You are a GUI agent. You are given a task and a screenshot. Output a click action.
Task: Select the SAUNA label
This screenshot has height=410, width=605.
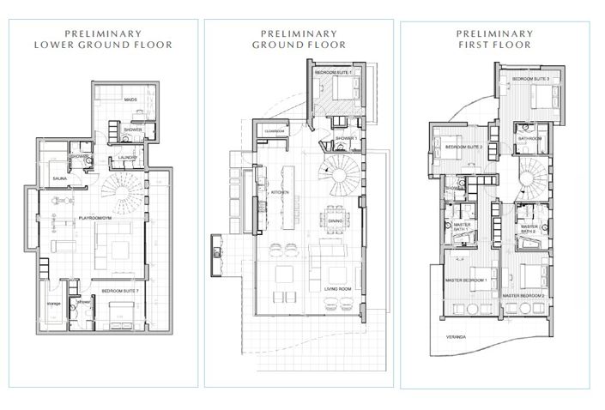[60, 179]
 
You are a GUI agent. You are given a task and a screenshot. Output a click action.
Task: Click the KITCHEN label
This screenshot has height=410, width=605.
[281, 193]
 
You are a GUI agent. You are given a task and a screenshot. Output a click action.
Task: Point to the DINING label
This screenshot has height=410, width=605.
[335, 221]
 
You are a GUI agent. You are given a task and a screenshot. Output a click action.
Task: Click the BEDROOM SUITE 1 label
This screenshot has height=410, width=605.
[333, 73]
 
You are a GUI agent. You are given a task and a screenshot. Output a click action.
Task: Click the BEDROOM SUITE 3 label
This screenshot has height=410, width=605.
[530, 79]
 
